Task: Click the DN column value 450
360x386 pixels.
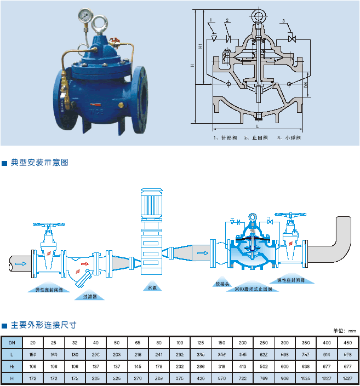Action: coord(347,342)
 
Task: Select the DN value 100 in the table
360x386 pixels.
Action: coord(179,342)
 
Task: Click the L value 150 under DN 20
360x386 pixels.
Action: coord(32,354)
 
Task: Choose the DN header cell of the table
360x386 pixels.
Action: coord(12,342)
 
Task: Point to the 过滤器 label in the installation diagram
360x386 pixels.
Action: coord(90,296)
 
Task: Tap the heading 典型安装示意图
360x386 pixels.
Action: coord(39,163)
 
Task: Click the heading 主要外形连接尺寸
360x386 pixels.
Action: coord(43,325)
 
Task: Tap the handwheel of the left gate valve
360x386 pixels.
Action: coord(50,225)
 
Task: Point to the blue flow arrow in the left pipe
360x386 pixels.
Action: coord(20,263)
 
